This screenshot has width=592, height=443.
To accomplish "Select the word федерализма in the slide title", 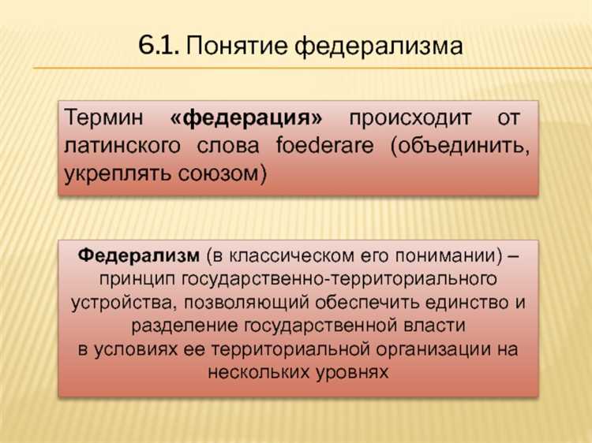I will pyautogui.click(x=377, y=47).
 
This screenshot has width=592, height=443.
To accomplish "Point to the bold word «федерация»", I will pyautogui.click(x=247, y=120).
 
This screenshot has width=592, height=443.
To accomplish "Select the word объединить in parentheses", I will pyautogui.click(x=457, y=147).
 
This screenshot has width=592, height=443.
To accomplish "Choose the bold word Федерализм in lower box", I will pyautogui.click(x=139, y=257).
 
